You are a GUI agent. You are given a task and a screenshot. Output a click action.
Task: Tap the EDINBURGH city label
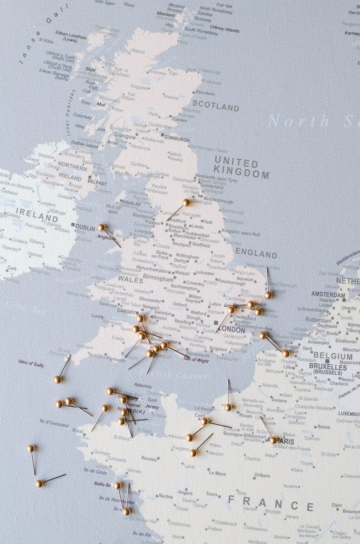point(177,140)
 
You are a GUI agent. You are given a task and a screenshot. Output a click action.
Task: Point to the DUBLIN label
point(85,229)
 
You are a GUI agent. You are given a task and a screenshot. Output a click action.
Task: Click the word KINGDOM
point(242,174)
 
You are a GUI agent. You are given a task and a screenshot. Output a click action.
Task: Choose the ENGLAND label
point(256,254)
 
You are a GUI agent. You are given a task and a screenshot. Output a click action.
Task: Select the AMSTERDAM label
point(328,295)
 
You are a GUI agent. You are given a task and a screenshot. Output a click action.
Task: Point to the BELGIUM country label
point(333,356)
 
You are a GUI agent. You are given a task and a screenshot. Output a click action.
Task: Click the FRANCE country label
point(271,504)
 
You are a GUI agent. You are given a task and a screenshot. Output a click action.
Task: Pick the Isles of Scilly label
point(31,364)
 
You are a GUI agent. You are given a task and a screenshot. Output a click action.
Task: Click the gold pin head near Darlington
point(185,202)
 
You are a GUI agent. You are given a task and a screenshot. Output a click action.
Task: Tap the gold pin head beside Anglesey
point(102,227)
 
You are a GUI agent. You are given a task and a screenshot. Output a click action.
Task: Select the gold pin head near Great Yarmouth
point(268,295)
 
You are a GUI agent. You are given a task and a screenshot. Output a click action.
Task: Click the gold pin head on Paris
point(273,440)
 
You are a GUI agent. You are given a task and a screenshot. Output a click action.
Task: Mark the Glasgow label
point(125,136)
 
